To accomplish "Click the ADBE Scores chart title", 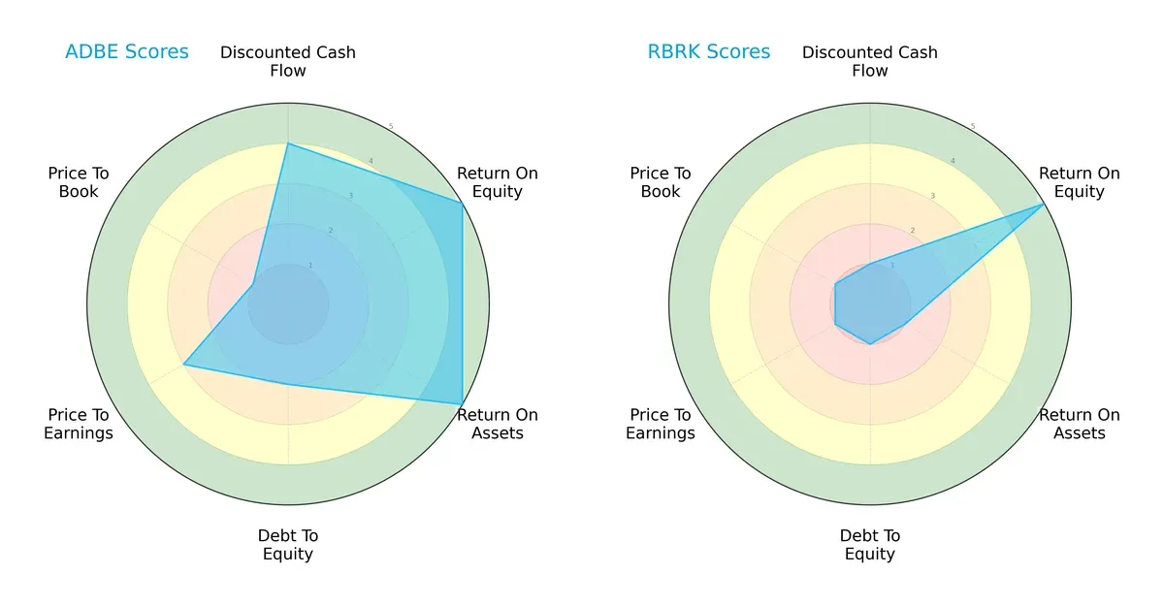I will coord(126,51).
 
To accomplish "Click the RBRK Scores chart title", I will coord(708,51).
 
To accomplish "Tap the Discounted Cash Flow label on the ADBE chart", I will coord(288,61).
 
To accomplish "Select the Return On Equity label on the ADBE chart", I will coord(497,182).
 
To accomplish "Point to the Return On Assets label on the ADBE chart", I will coord(497,424).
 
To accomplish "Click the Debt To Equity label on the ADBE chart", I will coord(288,545).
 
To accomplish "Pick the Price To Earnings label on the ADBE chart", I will coord(79,424).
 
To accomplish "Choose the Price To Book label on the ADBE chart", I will coord(79,182).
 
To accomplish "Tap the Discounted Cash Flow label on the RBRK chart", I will coord(870,61).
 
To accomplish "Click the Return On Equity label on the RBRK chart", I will coord(1079,182).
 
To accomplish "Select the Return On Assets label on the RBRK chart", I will coord(1079,424).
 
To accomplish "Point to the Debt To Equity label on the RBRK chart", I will coord(870,545).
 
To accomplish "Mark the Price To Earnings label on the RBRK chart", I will coord(661,424).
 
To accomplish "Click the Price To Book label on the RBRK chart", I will coord(661,182).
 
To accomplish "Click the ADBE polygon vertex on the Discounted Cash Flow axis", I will coord(288,144).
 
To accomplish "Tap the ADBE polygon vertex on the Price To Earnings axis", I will coord(184,366).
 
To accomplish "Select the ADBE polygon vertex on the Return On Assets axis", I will coord(462,404).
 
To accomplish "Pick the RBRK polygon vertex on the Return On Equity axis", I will coord(1044,204).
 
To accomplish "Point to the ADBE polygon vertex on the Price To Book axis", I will coord(254,284).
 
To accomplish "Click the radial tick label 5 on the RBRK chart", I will coord(973,127).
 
